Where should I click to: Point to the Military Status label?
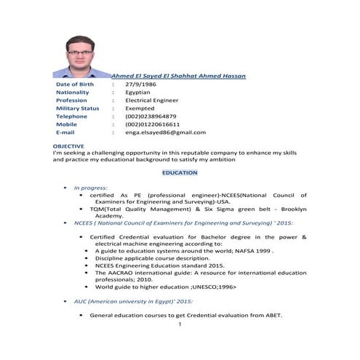coord(77,108)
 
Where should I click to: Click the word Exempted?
coord(140,108)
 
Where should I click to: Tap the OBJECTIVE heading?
coord(68,146)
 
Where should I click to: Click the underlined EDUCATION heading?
coord(179,172)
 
